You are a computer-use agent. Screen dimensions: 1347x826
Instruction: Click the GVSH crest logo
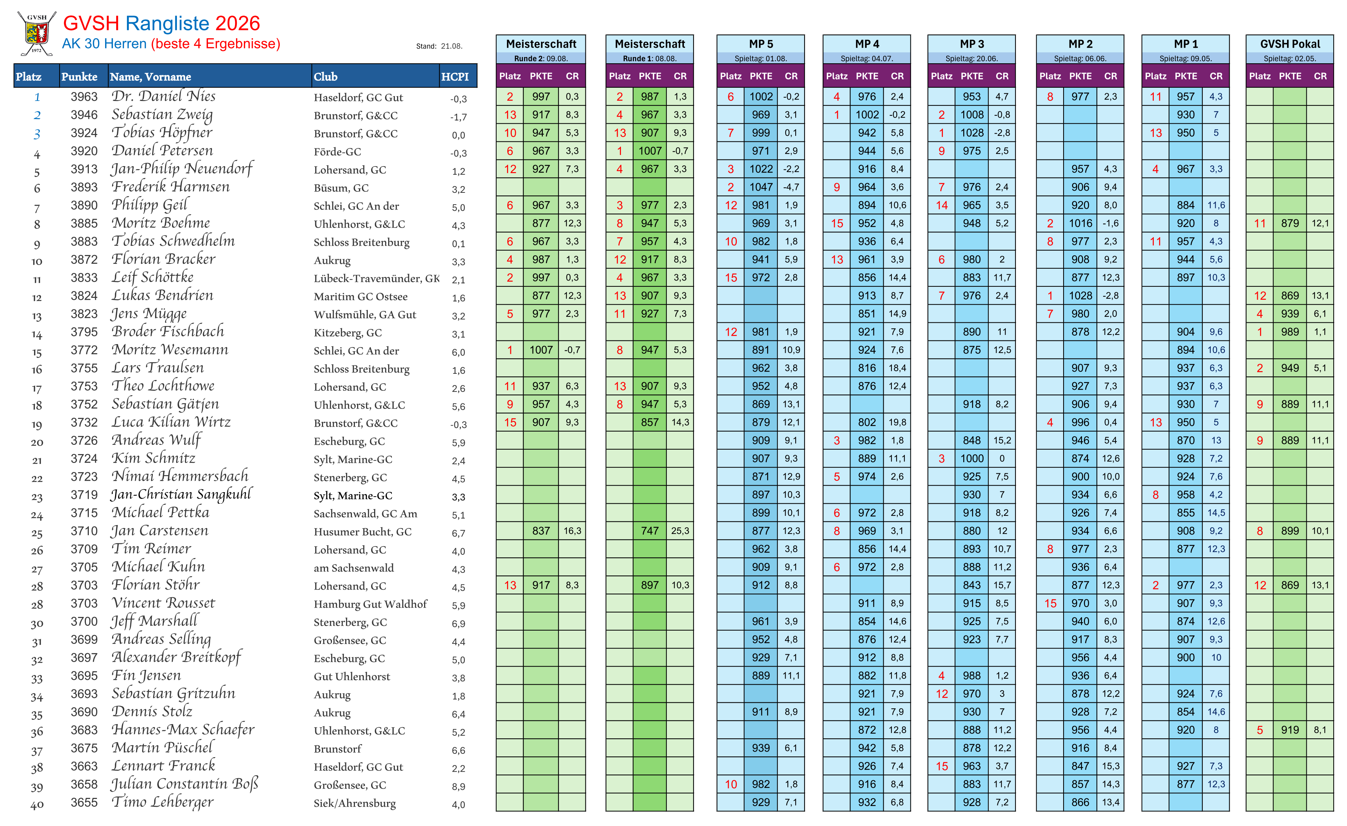(37, 34)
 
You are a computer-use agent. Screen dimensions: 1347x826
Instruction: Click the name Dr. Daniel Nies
(164, 96)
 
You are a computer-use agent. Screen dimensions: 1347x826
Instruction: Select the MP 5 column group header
(760, 44)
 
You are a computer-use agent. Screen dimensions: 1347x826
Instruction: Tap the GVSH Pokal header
(1290, 44)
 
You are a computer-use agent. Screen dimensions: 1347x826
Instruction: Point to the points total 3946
(84, 115)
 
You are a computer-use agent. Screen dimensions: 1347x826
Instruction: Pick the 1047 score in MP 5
(760, 187)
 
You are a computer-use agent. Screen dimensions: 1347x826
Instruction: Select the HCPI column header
(455, 77)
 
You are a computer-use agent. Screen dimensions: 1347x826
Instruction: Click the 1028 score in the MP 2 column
(1080, 296)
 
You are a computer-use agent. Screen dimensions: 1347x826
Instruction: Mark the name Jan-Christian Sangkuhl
(181, 495)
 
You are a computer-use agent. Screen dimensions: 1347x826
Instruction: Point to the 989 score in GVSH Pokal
(1290, 332)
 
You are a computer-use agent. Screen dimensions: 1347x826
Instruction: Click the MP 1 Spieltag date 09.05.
(1198, 58)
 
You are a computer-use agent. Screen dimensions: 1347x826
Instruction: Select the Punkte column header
(79, 77)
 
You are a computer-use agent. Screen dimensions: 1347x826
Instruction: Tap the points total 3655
(84, 802)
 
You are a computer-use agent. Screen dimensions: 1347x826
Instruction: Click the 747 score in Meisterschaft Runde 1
(649, 531)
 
